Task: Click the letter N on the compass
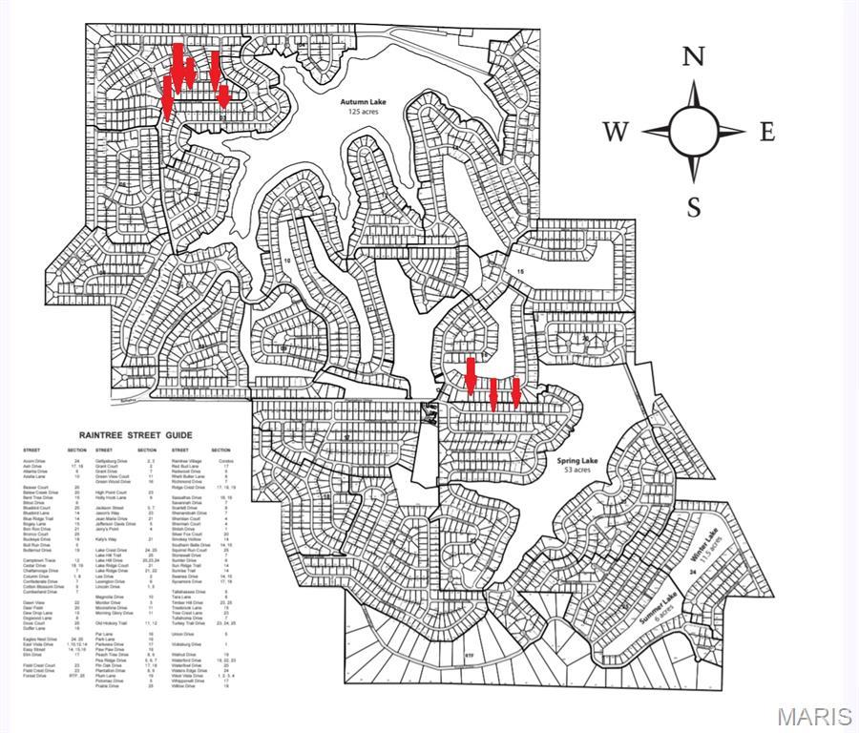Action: [x=693, y=55]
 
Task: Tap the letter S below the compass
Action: [x=694, y=206]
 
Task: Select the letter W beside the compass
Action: [x=616, y=132]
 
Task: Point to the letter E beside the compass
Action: [x=766, y=132]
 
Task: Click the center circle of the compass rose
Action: [x=694, y=131]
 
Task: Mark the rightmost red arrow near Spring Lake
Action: [x=516, y=392]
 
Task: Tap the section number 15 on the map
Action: [x=520, y=272]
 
